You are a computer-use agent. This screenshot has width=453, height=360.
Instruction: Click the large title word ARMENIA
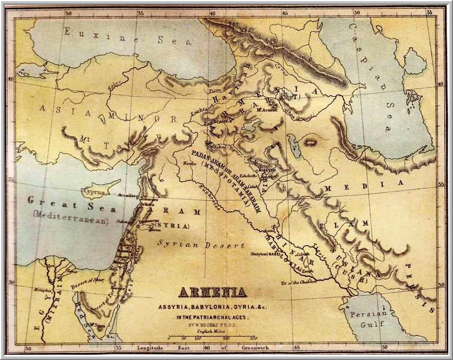coord(212,291)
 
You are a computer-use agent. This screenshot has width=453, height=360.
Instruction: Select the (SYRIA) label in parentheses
coord(171,225)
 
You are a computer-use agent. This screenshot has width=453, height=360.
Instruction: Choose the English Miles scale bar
coord(213,339)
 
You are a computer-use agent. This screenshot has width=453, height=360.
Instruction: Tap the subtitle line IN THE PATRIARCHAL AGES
coord(212,317)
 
